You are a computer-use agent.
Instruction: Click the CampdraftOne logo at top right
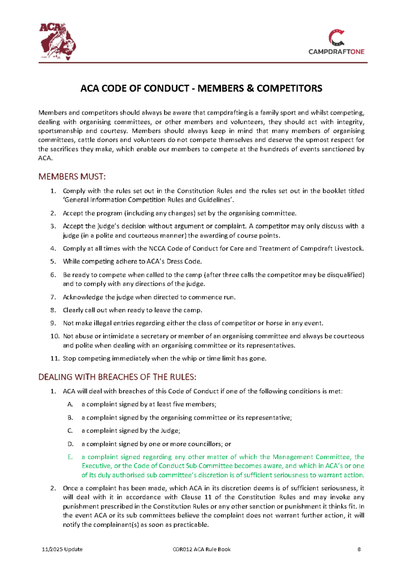[x=336, y=42]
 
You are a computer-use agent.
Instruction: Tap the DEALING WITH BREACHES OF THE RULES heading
[x=117, y=377]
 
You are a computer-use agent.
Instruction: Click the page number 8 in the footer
[x=359, y=549]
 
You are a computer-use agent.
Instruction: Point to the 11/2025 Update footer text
[x=62, y=549]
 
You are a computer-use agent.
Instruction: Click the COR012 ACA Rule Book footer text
[x=201, y=549]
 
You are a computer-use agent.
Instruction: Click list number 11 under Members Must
[x=55, y=358]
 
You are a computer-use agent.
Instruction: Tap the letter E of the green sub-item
[x=70, y=456]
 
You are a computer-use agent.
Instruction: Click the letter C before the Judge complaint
[x=70, y=430]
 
